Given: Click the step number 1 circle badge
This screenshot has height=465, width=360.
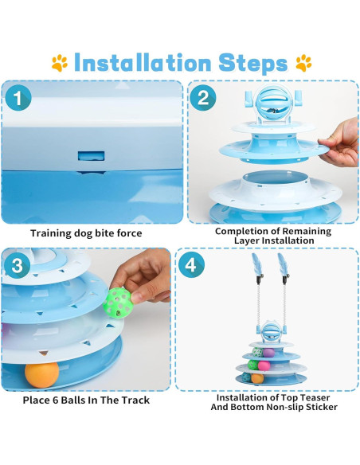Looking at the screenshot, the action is (x=18, y=98).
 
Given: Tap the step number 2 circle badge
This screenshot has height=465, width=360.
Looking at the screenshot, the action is (x=203, y=98).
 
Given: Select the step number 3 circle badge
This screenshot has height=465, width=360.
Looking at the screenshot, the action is (x=18, y=265).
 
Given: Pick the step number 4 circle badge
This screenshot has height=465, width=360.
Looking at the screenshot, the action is (x=191, y=264).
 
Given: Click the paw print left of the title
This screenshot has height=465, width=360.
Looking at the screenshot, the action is (x=60, y=63).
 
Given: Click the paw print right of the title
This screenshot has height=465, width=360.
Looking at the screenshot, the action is (x=303, y=63).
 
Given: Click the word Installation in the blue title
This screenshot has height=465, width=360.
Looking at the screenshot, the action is (x=143, y=63).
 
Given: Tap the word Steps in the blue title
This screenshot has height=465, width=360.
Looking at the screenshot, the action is (x=253, y=64).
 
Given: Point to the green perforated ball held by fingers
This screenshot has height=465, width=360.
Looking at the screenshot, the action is (x=118, y=303).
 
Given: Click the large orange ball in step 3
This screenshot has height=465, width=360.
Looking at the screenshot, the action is (x=41, y=375).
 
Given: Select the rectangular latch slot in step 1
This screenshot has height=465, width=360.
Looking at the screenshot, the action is (x=91, y=156).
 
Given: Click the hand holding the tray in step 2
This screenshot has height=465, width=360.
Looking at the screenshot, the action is (x=341, y=143).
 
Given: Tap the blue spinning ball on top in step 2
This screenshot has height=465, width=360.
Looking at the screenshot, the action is (x=273, y=104).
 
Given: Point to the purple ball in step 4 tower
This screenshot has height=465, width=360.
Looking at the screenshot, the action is (x=268, y=353).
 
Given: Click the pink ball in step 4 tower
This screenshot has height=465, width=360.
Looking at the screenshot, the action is (x=264, y=365).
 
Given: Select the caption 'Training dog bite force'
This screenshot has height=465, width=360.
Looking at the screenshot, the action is (x=86, y=233).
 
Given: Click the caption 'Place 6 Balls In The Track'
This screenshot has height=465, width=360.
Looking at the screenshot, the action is (x=86, y=400).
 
